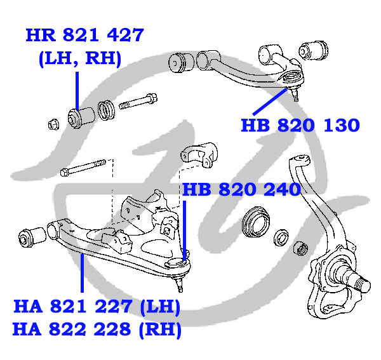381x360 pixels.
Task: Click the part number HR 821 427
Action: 85,35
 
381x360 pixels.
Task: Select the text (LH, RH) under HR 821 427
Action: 80,59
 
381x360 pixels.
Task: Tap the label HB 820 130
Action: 300,125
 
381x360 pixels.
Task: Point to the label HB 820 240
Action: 241,189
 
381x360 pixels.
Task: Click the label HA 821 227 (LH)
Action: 97,307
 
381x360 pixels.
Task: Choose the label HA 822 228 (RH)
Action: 97,330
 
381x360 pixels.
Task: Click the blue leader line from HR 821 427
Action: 77,91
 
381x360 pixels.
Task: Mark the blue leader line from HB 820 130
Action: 271,102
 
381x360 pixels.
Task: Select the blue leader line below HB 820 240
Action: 184,230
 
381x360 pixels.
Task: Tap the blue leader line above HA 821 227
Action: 82,273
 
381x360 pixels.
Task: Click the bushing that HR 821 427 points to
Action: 81,118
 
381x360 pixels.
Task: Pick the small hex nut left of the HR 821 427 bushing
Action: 53,124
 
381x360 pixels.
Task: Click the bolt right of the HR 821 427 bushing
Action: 138,102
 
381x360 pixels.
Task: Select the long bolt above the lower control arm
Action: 83,168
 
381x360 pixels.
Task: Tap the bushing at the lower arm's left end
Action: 32,237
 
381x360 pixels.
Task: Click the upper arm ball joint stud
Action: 295,94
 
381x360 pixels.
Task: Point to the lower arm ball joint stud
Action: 179,284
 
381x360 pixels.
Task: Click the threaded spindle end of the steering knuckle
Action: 363,285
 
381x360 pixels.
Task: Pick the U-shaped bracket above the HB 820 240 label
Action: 199,155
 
